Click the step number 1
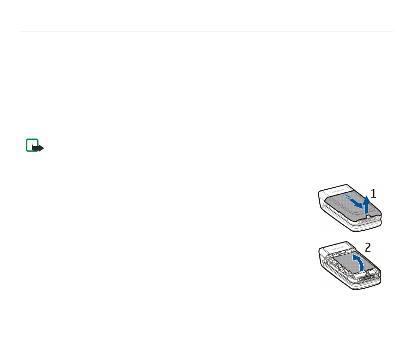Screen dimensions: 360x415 (373, 194)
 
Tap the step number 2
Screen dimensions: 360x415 (368, 247)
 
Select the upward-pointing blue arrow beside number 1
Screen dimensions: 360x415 (366, 202)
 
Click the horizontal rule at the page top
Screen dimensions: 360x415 (207, 32)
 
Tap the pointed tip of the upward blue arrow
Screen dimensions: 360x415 (367, 195)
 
